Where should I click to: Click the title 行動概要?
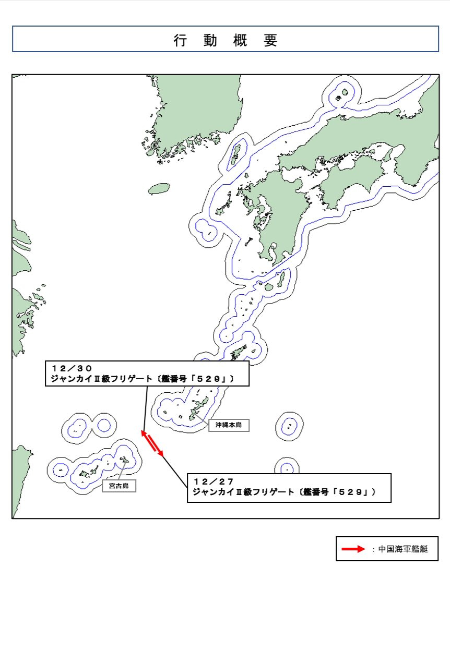tap(226, 40)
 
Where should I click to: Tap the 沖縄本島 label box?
tap(229, 425)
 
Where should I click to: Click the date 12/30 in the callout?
tap(72, 368)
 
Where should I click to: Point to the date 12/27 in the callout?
tap(214, 481)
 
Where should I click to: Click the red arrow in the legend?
tap(353, 549)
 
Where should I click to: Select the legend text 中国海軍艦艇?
tap(403, 549)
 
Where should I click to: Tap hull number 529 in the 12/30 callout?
tap(209, 379)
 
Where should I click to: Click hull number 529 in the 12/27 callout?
tap(351, 492)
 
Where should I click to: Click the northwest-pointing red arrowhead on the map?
tap(144, 433)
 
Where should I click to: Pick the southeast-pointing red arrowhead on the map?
tap(161, 453)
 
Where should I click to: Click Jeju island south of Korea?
tap(159, 189)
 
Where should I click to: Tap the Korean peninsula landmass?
tap(198, 111)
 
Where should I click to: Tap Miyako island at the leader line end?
tap(125, 460)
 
